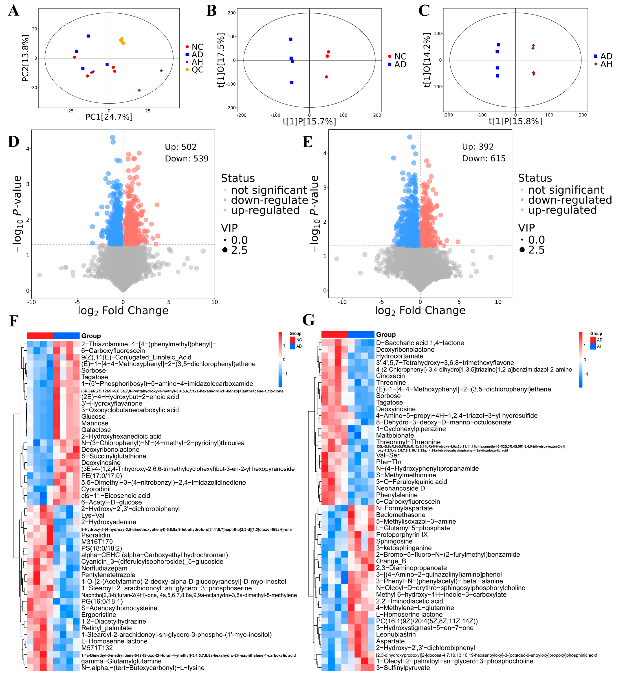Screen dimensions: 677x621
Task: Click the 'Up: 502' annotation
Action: pyautogui.click(x=180, y=147)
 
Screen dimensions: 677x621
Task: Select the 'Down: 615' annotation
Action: pyautogui.click(x=484, y=158)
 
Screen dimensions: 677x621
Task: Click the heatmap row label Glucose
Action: pyautogui.click(x=93, y=416)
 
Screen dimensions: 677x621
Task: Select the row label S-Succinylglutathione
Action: pyautogui.click(x=114, y=456)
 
